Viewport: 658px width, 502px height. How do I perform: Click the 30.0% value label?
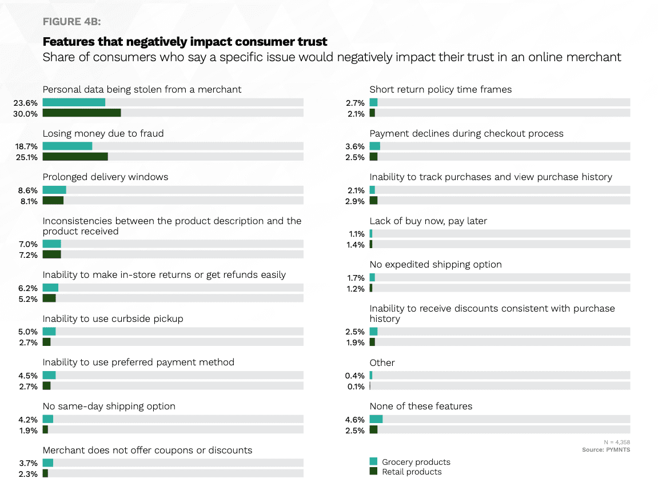[27, 114]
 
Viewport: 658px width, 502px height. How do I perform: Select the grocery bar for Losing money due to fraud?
[67, 146]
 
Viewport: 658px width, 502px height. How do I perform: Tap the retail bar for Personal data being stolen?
[81, 113]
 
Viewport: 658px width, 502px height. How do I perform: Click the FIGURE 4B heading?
[71, 22]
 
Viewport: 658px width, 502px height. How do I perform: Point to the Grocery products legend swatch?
[373, 461]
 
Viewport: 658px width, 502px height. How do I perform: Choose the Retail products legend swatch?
[373, 471]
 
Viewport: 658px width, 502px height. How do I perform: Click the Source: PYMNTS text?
[606, 450]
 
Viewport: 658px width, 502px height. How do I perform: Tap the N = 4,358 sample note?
[617, 442]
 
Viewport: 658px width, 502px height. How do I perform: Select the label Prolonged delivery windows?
[105, 177]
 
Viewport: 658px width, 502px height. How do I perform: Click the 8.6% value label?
[28, 190]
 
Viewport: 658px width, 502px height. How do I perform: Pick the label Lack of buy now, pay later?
[428, 221]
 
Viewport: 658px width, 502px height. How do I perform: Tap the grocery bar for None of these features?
[376, 419]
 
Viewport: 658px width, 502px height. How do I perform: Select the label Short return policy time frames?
[440, 90]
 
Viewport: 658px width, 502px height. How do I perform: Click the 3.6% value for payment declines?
[355, 146]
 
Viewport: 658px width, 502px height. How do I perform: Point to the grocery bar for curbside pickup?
[49, 332]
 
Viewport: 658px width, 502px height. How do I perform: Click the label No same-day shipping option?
[109, 407]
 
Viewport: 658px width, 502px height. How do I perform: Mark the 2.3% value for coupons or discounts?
[28, 474]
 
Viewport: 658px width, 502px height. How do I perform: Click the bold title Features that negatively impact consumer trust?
[185, 42]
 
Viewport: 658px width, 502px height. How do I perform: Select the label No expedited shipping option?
[436, 265]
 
